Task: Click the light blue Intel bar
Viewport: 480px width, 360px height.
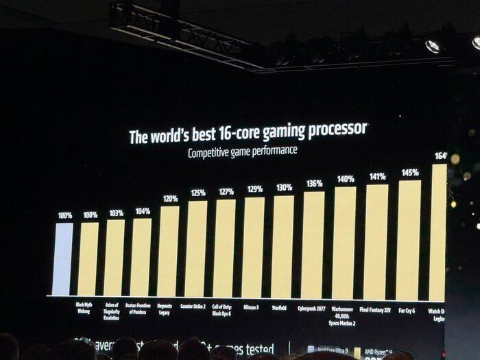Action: (x=62, y=259)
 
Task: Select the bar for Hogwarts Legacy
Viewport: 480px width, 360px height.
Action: (x=168, y=251)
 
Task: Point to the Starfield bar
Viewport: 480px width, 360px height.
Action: (x=282, y=247)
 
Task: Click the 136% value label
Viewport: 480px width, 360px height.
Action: (x=315, y=184)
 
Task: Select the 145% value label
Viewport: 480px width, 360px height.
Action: (x=410, y=173)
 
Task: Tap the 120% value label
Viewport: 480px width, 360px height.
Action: (x=170, y=199)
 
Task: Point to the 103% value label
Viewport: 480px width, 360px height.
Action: (x=116, y=213)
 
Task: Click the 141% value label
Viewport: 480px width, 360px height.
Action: (x=377, y=176)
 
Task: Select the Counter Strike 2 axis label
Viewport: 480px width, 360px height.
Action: (x=194, y=307)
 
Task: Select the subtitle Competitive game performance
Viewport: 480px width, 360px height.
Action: (x=243, y=151)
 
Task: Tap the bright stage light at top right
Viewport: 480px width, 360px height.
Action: (x=432, y=46)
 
